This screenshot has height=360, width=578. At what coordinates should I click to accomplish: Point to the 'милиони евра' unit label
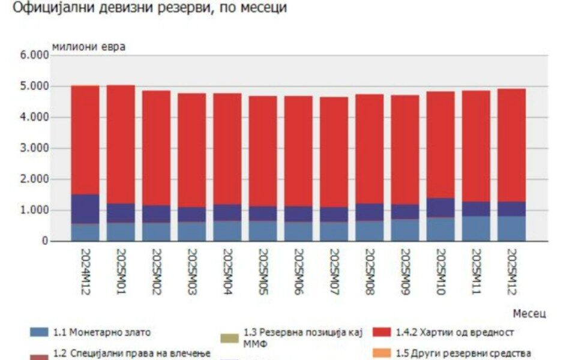(x=89, y=46)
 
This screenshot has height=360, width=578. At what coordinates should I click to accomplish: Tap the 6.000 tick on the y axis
(x=34, y=55)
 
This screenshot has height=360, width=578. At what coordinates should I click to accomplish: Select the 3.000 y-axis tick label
(x=34, y=148)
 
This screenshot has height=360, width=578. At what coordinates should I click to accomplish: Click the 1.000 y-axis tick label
(x=34, y=211)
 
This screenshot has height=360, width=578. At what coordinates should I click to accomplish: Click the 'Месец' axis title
(x=530, y=313)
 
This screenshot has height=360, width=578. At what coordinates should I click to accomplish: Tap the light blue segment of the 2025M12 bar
(x=511, y=229)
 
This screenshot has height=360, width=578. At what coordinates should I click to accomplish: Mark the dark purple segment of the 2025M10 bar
(x=441, y=208)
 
